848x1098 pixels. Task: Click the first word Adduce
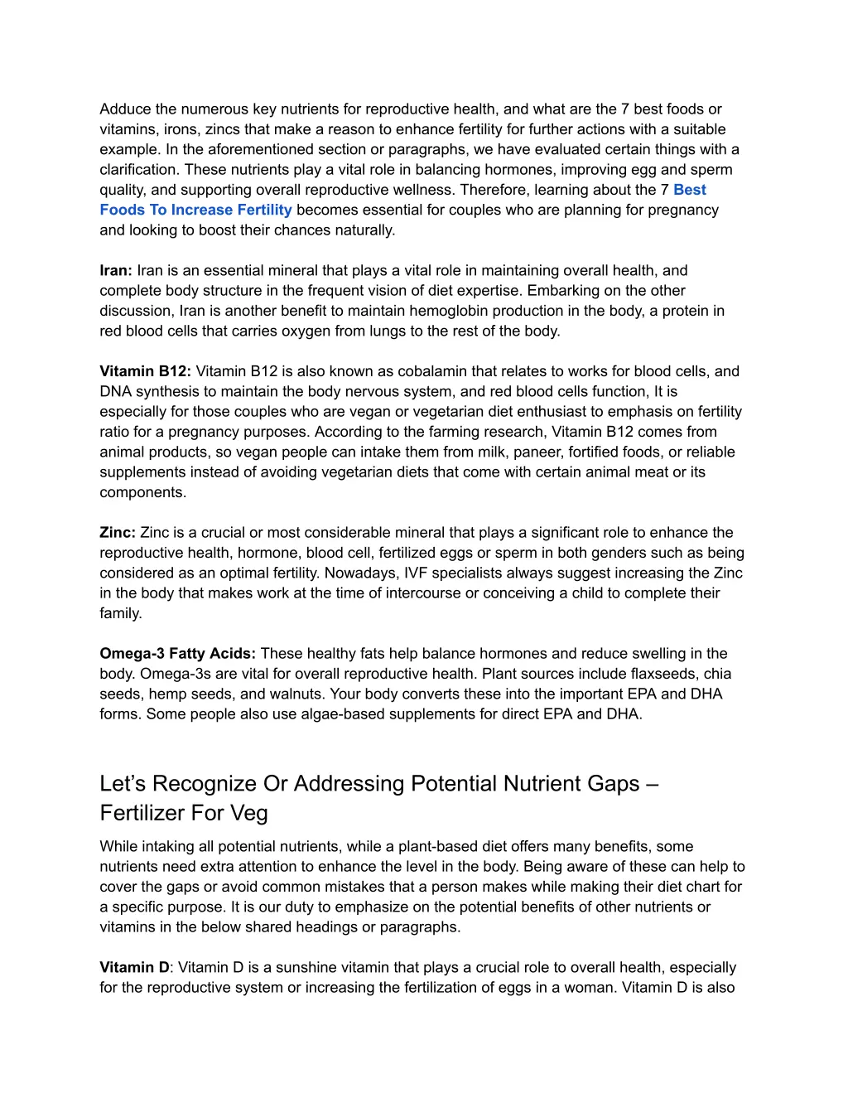click(125, 109)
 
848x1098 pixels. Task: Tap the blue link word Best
click(689, 190)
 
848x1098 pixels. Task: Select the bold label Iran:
click(116, 271)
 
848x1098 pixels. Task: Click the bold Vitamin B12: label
click(145, 371)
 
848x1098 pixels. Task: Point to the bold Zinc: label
click(118, 533)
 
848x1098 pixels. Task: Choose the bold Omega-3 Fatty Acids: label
click(178, 654)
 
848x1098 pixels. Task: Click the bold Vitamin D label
click(134, 968)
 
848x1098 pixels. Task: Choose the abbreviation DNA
click(116, 392)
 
